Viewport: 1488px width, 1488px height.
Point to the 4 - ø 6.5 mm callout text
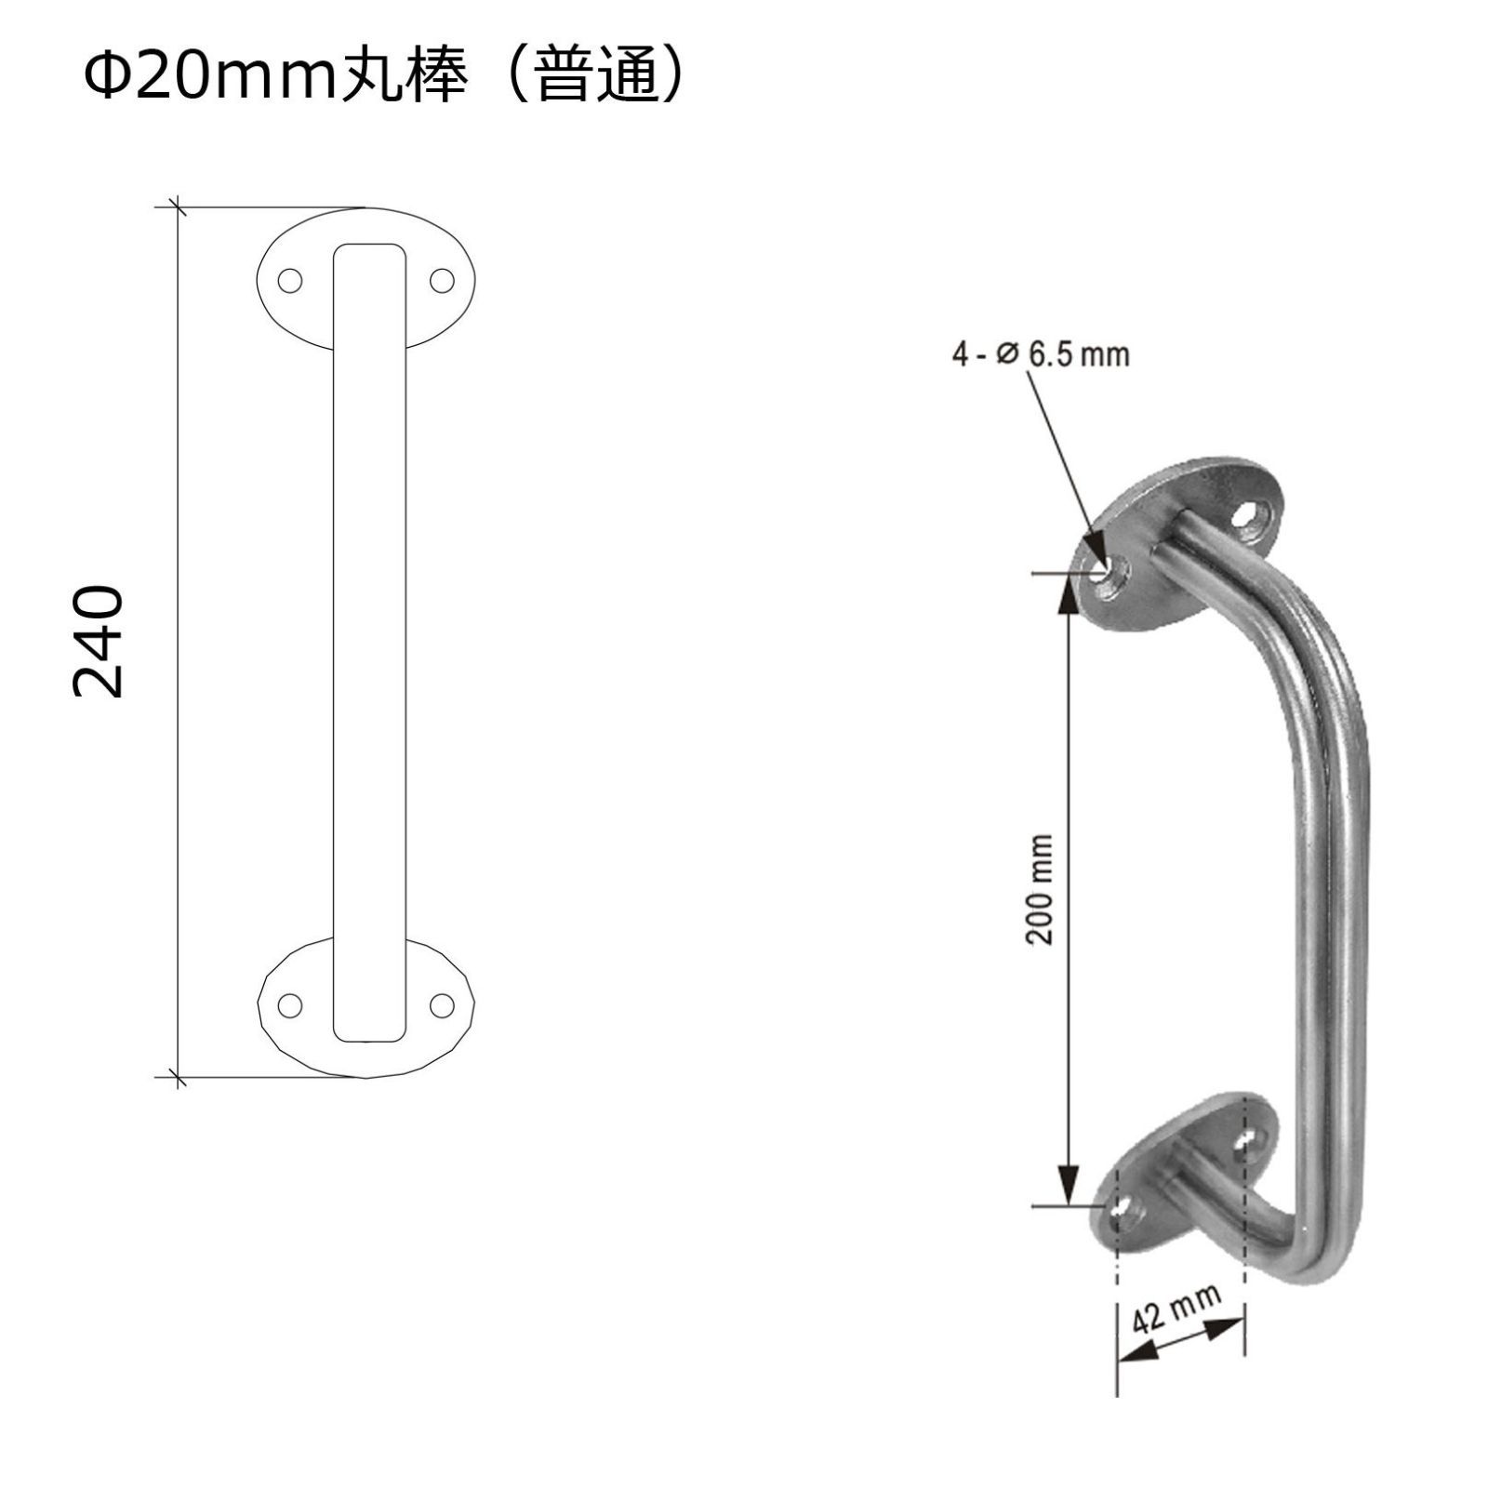1041,353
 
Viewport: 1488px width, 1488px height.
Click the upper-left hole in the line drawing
291,280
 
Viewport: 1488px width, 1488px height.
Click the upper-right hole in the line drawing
441,280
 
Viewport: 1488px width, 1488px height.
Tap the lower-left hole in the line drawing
291,1004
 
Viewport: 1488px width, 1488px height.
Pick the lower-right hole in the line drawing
441,1004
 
